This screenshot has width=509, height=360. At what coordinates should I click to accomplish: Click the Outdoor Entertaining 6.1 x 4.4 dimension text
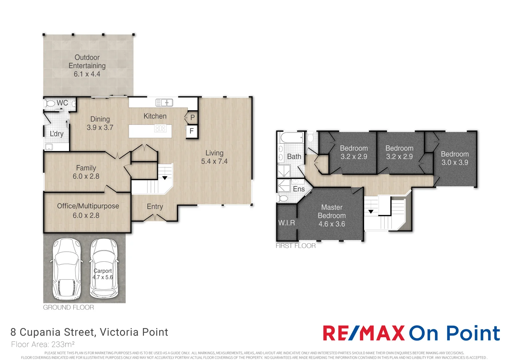tap(87, 74)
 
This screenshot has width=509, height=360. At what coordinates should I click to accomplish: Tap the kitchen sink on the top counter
tap(164, 103)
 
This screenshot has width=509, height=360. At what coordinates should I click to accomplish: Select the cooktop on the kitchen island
tap(160, 128)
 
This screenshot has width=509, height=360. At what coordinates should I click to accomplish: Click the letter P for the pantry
tap(193, 118)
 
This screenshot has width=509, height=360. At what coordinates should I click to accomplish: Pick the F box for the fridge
tap(192, 131)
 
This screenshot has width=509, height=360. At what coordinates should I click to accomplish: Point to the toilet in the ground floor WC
tap(50, 104)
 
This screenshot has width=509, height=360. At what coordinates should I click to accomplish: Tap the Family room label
tap(86, 168)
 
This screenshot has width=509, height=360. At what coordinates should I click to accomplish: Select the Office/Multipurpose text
tap(88, 206)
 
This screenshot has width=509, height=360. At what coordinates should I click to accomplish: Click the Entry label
tap(155, 206)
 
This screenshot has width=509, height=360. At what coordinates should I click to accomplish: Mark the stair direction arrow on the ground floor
tap(165, 178)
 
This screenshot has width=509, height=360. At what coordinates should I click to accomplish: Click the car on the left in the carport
tap(67, 269)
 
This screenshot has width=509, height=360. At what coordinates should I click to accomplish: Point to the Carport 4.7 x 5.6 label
tap(103, 274)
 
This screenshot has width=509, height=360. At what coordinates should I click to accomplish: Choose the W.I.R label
tap(286, 223)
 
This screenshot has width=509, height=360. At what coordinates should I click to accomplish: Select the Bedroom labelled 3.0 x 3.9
tap(455, 158)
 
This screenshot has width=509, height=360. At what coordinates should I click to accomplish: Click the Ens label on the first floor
tap(299, 189)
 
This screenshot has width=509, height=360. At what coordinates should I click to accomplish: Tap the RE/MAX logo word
tap(364, 333)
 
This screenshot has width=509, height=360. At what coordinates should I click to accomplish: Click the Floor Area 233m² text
tap(43, 344)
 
